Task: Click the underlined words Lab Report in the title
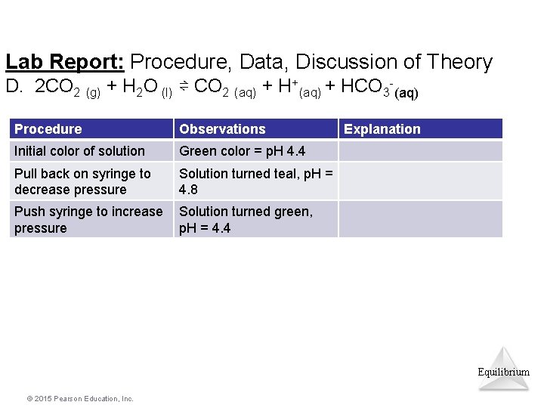66,62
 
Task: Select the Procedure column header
48,129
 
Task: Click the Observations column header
222,129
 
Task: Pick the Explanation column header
382,129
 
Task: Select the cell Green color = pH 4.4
242,151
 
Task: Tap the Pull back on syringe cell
82,181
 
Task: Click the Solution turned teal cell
255,181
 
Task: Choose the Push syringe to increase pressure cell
88,219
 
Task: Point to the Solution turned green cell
246,219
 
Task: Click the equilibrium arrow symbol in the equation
184,87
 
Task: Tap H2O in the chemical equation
140,88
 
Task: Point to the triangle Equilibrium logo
504,368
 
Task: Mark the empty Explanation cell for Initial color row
420,151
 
